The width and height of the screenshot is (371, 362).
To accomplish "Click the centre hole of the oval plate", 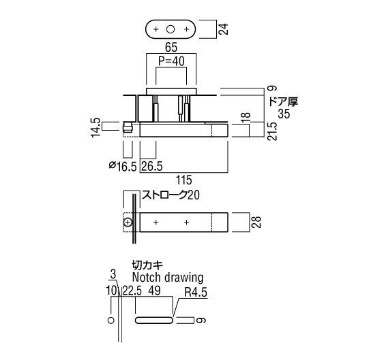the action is tap(170, 29).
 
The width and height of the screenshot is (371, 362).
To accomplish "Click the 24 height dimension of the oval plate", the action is tap(224, 29).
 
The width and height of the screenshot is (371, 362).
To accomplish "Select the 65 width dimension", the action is tap(171, 48).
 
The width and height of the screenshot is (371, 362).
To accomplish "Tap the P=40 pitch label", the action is tap(171, 61).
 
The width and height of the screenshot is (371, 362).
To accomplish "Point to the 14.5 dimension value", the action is tap(96, 127).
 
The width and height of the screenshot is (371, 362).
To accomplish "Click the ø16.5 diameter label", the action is tap(123, 166).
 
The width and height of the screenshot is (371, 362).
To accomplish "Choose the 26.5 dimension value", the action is tap(151, 166).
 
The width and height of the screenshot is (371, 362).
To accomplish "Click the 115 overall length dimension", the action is tap(184, 180).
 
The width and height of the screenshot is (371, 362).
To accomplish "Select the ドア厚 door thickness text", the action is tap(284, 102).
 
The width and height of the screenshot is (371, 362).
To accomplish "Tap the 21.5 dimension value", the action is tap(272, 131).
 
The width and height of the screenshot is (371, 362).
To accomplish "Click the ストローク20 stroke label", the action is tap(170, 195).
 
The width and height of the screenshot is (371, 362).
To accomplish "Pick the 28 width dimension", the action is tap(256, 222).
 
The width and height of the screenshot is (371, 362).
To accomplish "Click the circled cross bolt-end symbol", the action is tap(128, 223).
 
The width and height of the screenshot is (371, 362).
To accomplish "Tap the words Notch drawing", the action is tap(168, 278).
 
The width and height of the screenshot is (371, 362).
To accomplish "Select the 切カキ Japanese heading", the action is tap(147, 265).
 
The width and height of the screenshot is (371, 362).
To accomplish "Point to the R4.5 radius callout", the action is tap(196, 293).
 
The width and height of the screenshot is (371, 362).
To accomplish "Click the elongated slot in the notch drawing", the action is tap(154, 320).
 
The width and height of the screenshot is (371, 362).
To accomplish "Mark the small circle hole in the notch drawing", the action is tap(110, 320).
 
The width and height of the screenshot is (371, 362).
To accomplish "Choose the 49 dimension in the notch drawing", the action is tap(154, 291).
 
